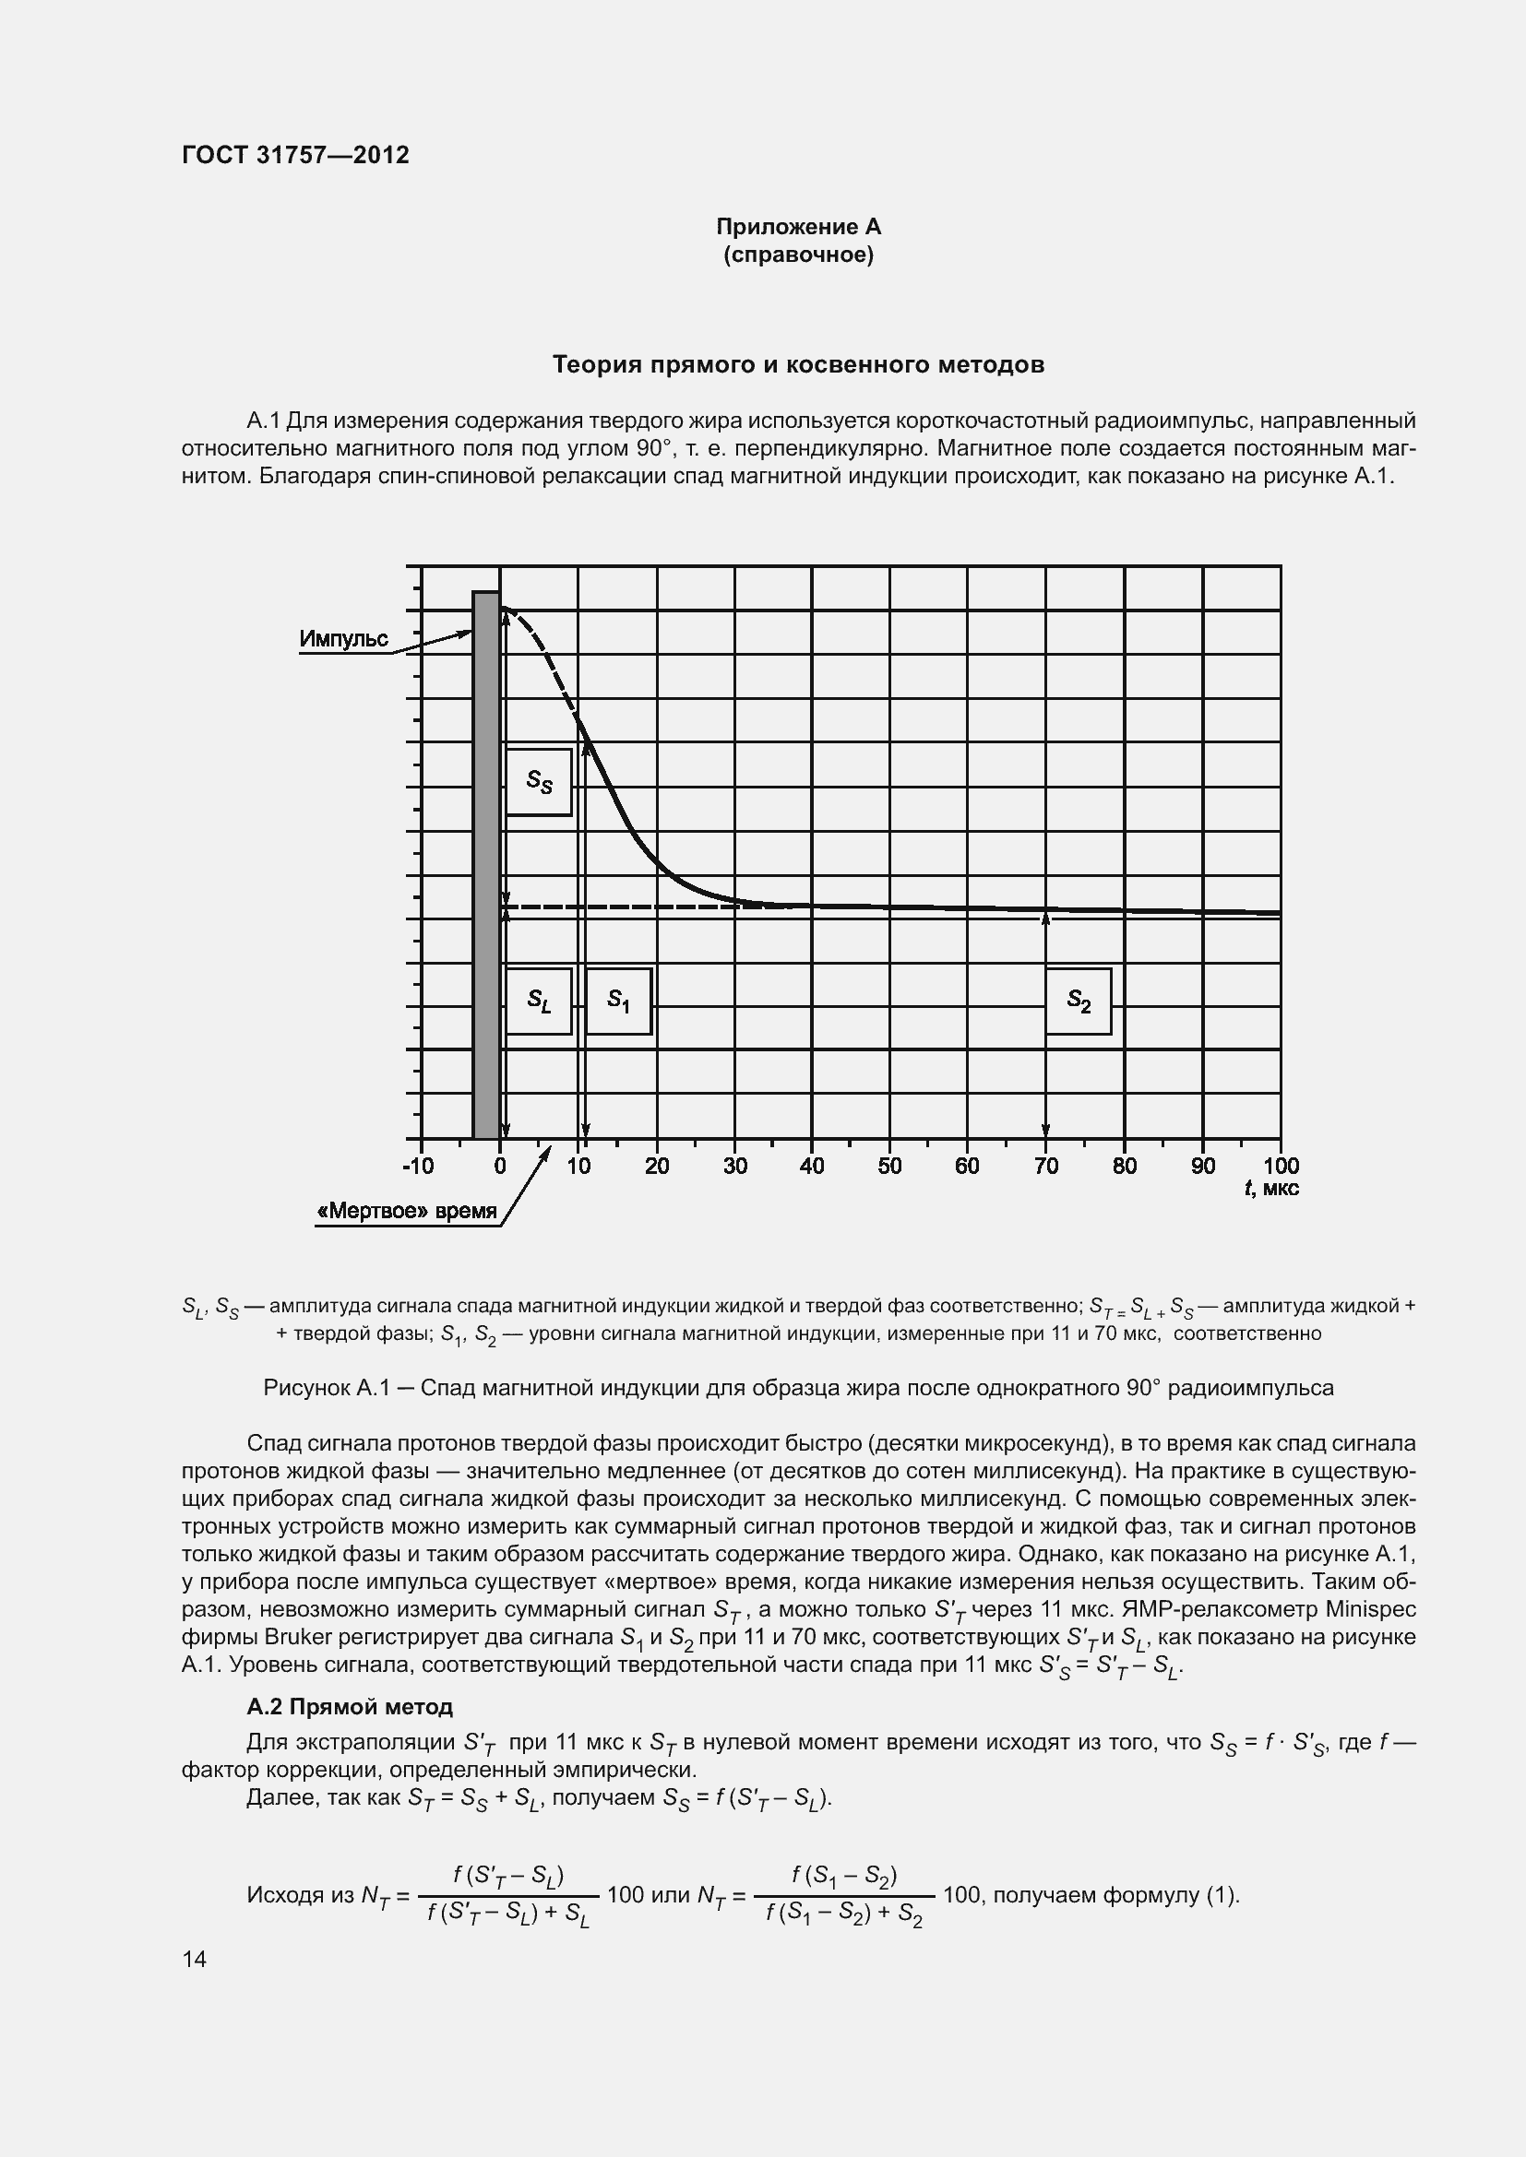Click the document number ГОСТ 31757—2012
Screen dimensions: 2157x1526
point(295,155)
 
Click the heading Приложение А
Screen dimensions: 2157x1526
point(798,227)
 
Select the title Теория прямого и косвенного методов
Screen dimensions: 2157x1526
point(798,364)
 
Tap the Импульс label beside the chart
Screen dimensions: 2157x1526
point(343,639)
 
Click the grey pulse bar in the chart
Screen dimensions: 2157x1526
point(486,864)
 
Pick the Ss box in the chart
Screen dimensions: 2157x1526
point(539,781)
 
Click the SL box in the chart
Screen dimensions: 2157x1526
point(539,1001)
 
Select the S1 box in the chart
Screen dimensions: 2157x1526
point(618,1001)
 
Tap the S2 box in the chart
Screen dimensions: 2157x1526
point(1078,1001)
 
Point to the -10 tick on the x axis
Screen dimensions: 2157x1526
point(419,1167)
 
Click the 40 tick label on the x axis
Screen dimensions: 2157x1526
point(812,1167)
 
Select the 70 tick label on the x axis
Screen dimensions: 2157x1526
point(1046,1167)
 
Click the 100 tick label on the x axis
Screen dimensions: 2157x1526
point(1281,1167)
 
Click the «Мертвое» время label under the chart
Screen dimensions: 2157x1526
point(407,1211)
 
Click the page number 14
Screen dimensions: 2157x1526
point(195,1959)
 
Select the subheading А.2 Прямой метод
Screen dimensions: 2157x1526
point(350,1706)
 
